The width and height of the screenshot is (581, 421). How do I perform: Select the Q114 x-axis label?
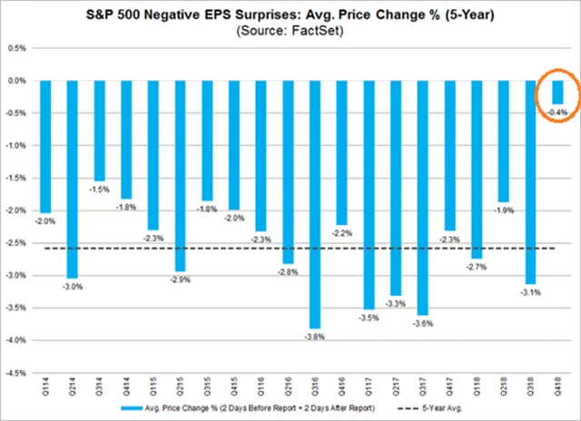pyautogui.click(x=44, y=387)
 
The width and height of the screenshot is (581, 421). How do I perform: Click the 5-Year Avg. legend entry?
pyautogui.click(x=436, y=409)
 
